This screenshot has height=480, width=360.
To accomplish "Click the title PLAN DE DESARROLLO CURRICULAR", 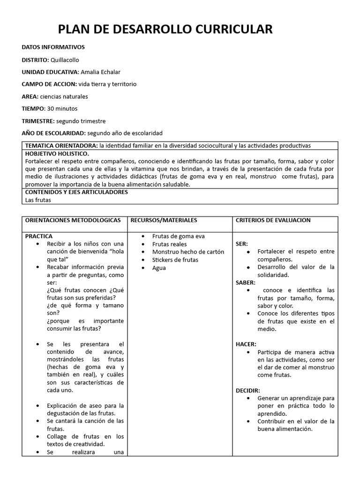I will (165, 30).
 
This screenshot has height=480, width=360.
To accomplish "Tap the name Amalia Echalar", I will (100, 72).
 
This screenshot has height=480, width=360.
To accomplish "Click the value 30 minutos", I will (62, 108).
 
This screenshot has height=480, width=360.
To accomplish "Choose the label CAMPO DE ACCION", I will (49, 84).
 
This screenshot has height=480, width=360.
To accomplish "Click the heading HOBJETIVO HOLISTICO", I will (57, 154).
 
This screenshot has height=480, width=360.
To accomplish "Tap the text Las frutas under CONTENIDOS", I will (38, 200).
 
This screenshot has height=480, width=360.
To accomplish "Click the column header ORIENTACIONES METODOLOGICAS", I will (73, 220).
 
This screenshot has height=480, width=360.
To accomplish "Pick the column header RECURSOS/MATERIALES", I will (164, 220).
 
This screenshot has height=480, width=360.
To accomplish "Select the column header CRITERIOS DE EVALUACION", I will (273, 220).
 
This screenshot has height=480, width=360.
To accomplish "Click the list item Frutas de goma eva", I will (178, 236).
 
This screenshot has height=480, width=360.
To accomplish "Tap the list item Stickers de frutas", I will (175, 260).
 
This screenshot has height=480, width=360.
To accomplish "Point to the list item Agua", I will (159, 268).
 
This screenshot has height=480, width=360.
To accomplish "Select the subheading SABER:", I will (246, 282).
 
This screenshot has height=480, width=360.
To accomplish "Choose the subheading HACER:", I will (246, 344).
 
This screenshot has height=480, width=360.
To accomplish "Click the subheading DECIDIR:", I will (247, 390).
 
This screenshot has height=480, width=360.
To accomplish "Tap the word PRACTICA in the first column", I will (39, 236).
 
